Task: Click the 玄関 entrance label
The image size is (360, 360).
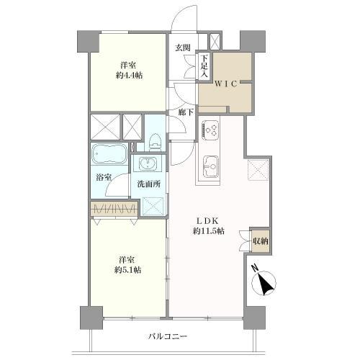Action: coord(183,48)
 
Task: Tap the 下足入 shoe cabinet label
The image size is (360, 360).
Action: coord(204,66)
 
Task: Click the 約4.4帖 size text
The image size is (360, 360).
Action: coord(130,76)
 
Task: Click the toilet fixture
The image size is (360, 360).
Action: coord(153,138)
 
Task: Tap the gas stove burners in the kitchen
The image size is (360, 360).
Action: coord(210,130)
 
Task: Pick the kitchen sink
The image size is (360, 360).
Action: coord(211,166)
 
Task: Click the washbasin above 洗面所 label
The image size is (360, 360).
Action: coord(149,163)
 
